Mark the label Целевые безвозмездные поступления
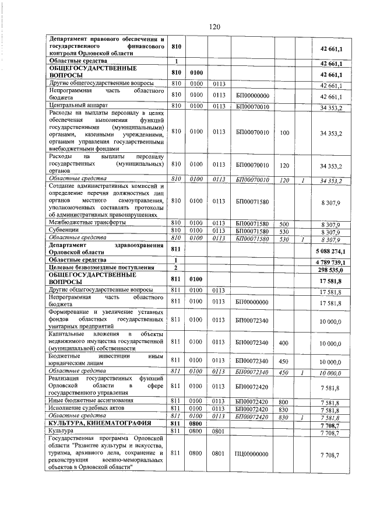point(101,267)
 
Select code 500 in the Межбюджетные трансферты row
point(284,223)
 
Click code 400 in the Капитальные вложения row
point(284,344)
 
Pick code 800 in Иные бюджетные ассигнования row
point(284,402)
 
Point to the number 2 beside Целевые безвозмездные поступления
point(175,267)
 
